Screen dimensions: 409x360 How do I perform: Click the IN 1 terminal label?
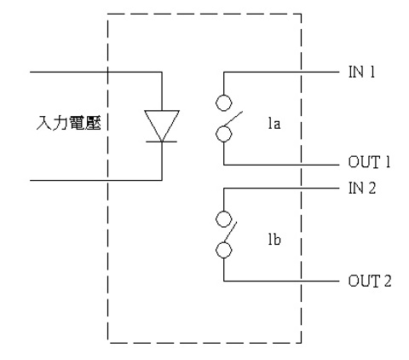(x=361, y=72)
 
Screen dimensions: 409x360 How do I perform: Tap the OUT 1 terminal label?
(x=369, y=162)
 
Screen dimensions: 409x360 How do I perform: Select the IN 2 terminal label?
(x=362, y=189)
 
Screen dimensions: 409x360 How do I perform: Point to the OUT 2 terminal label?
(x=370, y=281)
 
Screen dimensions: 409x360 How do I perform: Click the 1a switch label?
(x=274, y=124)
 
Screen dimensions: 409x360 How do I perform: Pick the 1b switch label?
(x=274, y=240)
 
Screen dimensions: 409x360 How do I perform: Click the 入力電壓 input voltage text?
(x=69, y=123)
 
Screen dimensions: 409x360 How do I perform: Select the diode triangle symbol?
(x=162, y=125)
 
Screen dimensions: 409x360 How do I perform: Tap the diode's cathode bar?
(x=162, y=142)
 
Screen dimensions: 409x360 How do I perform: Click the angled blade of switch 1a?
(x=233, y=119)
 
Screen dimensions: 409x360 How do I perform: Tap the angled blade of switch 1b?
(x=231, y=232)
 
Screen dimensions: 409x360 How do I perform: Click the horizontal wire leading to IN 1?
(x=281, y=73)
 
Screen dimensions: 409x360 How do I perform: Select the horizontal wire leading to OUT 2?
(x=281, y=282)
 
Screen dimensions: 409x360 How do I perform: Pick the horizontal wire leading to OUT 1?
(x=281, y=165)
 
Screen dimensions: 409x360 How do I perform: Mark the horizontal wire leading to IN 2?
(x=281, y=189)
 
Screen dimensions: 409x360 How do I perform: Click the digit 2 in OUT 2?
(x=388, y=281)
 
